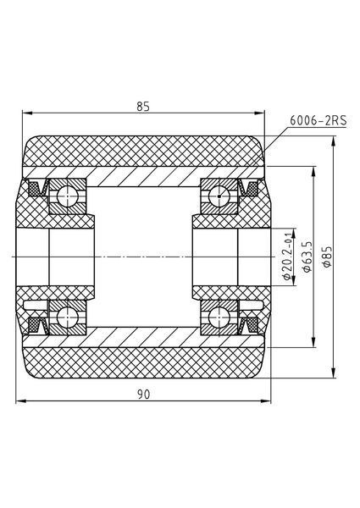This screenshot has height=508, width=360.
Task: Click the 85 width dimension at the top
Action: pos(143,107)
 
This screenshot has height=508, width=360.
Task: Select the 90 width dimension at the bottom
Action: pos(143,395)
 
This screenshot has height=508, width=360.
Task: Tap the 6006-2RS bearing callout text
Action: pos(318,120)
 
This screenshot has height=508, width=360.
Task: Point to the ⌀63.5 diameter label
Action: pos(307,257)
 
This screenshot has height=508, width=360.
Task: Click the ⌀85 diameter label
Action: pos(327,257)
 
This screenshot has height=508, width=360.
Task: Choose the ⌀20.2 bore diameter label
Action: pos(287,258)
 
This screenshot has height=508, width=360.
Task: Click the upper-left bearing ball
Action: pos(68,196)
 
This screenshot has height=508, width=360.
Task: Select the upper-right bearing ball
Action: pos(219,196)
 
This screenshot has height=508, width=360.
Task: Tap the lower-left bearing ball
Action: pos(68,317)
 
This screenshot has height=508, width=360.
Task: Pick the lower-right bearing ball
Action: pos(219,317)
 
